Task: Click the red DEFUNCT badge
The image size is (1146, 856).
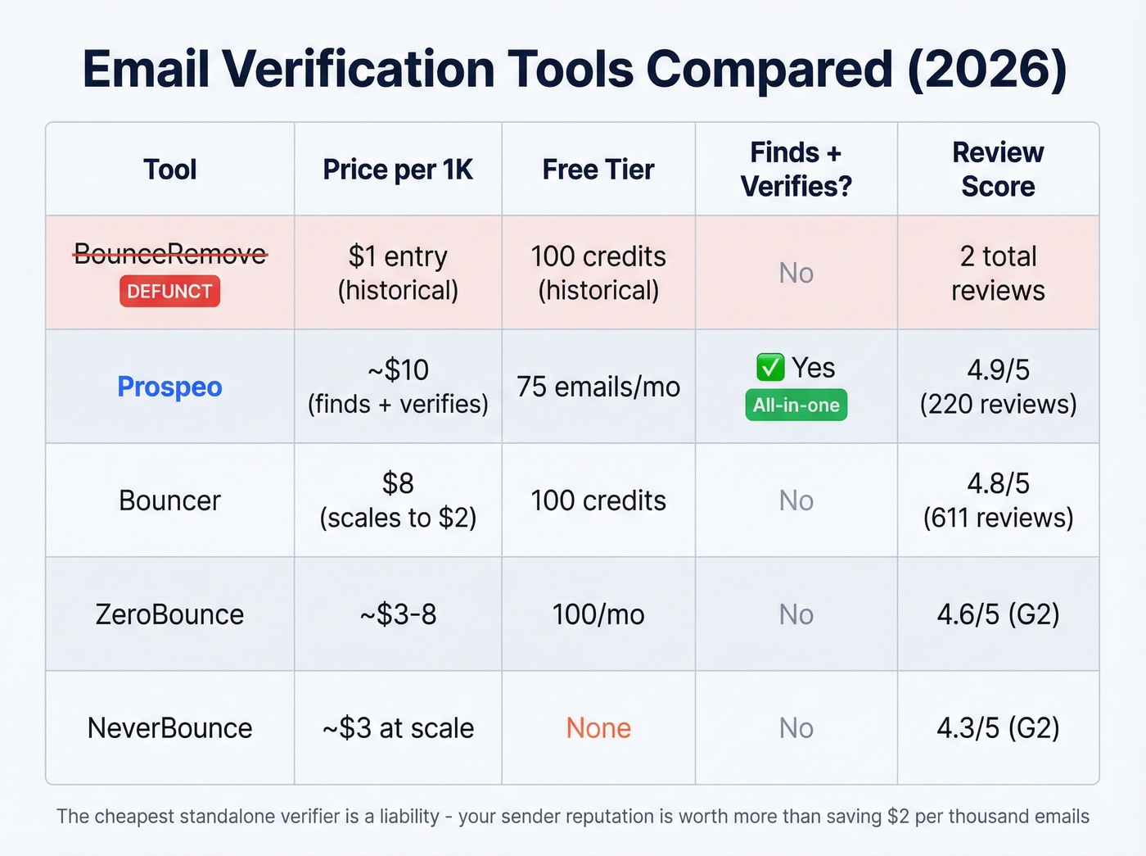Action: (x=169, y=292)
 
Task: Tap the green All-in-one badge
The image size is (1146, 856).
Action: (x=796, y=405)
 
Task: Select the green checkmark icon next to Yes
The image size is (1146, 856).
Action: (x=769, y=368)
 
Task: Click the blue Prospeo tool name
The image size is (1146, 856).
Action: (x=169, y=387)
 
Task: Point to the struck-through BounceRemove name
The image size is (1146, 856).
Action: (x=169, y=254)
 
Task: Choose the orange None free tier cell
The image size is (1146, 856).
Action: (x=598, y=728)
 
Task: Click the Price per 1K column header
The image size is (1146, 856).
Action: (x=398, y=170)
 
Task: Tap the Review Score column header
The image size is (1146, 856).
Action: (x=998, y=170)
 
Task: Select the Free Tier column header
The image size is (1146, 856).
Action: (x=598, y=170)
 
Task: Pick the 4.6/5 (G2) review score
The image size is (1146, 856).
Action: (x=998, y=614)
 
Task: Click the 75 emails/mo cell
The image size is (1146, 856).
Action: (x=598, y=387)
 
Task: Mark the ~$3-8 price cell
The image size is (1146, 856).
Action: (x=398, y=614)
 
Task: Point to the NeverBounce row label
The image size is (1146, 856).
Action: (x=169, y=728)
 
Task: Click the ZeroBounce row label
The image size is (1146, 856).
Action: (x=169, y=614)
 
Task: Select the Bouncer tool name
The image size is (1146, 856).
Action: (x=169, y=500)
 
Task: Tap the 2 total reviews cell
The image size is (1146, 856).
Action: (x=998, y=273)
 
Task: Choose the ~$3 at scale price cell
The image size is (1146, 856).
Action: (x=398, y=728)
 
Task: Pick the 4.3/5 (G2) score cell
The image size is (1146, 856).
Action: (x=998, y=728)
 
